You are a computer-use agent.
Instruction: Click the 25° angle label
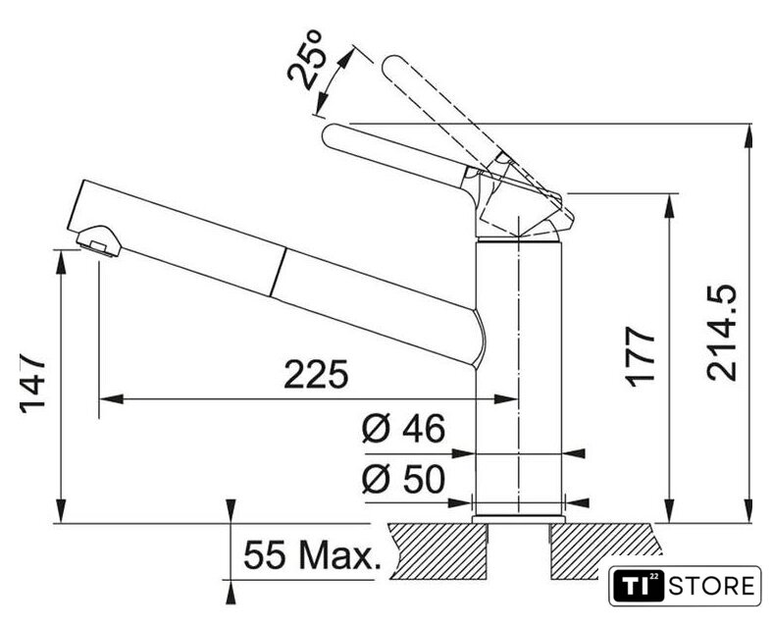[x=305, y=60]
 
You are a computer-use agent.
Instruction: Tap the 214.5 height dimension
[x=722, y=333]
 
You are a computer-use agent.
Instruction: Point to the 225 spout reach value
[x=316, y=374]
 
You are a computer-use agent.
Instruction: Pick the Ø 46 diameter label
[x=404, y=428]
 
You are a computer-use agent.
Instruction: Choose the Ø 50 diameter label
[x=404, y=478]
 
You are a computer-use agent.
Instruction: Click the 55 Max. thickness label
[x=313, y=555]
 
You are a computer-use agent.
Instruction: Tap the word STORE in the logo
[x=711, y=587]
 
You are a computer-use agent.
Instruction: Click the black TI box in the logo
[x=639, y=586]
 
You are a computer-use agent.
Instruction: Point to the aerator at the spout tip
[x=99, y=240]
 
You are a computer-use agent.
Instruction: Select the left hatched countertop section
[x=437, y=551]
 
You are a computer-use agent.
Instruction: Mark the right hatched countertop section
[x=604, y=551]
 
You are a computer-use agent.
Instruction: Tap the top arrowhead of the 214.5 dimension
[x=749, y=135]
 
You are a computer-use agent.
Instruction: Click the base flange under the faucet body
[x=519, y=519]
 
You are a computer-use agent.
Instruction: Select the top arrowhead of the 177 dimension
[x=670, y=205]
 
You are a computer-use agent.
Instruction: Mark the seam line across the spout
[x=278, y=273]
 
